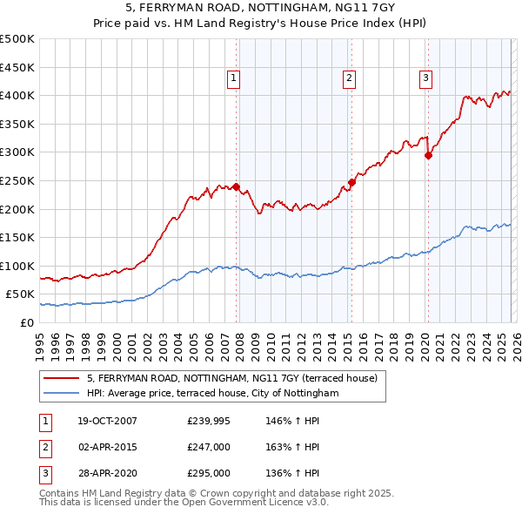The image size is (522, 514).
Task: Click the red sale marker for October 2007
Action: pos(236,186)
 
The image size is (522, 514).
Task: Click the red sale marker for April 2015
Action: pos(351,182)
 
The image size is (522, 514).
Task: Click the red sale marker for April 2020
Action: pos(428,156)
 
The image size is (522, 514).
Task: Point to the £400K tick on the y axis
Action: pos(18,95)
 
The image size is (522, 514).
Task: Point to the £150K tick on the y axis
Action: pos(18,237)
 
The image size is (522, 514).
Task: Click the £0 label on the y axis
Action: pos(27,322)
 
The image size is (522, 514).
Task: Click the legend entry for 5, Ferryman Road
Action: pos(231,379)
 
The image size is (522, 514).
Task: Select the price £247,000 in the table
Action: pos(209,447)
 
